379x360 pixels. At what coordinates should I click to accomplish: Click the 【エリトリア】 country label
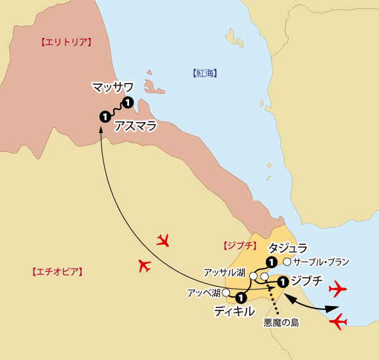[x=66, y=42]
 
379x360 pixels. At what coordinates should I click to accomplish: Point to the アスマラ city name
[x=136, y=126]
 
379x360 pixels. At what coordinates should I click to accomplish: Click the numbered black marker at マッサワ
[x=128, y=102]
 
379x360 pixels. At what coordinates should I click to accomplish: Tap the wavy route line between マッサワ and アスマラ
[x=116, y=110]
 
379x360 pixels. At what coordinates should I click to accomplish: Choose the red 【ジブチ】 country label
[x=240, y=246]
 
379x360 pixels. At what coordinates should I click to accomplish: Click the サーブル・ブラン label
[x=321, y=262]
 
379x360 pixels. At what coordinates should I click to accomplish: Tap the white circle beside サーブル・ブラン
[x=286, y=262]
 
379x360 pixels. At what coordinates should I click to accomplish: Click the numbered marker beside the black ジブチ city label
[x=281, y=280]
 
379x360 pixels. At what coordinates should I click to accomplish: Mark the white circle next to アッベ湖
[x=225, y=292]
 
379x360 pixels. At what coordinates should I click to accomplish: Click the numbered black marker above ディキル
[x=241, y=298]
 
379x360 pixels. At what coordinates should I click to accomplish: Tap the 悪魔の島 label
[x=281, y=323]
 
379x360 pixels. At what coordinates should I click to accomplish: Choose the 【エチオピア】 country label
[x=57, y=271]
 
